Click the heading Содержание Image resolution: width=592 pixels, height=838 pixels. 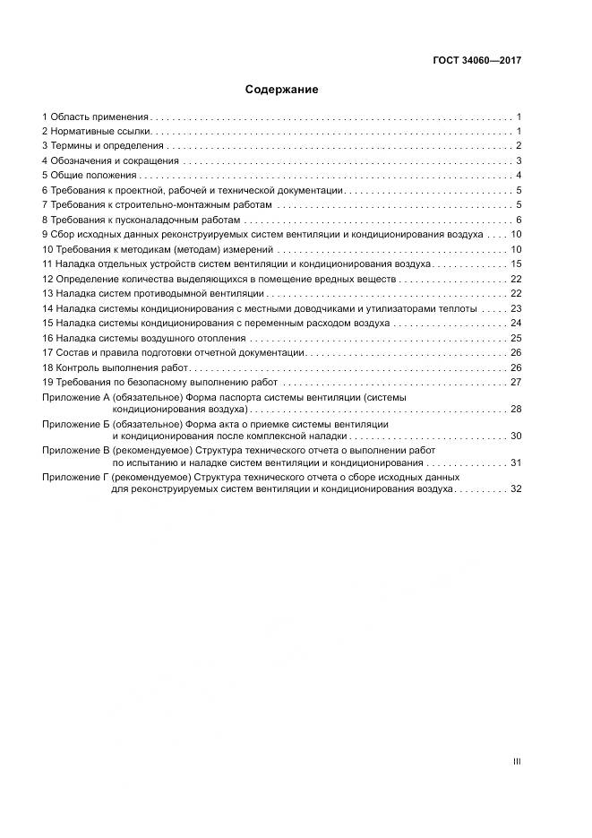coord(281,90)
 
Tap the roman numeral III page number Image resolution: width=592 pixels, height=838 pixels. coord(516,761)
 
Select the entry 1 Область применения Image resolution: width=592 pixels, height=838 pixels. coord(95,117)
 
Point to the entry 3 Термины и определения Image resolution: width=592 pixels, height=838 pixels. coord(103,146)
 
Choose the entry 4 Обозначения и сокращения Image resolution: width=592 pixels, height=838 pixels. coord(110,161)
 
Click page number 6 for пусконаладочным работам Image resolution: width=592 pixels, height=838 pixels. coord(519,220)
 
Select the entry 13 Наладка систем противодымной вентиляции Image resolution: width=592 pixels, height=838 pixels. coord(153,294)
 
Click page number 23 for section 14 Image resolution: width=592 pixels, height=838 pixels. coord(516,308)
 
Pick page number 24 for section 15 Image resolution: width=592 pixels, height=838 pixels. coord(516,323)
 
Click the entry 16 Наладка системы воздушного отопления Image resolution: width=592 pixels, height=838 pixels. coord(143,338)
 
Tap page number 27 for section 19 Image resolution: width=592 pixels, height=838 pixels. coord(516,383)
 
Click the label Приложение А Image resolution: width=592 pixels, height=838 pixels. coord(75,397)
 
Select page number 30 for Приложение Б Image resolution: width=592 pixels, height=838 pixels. coord(516,436)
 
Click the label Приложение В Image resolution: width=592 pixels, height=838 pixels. coord(75,450)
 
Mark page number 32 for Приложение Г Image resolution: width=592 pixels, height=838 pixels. coord(516,489)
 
